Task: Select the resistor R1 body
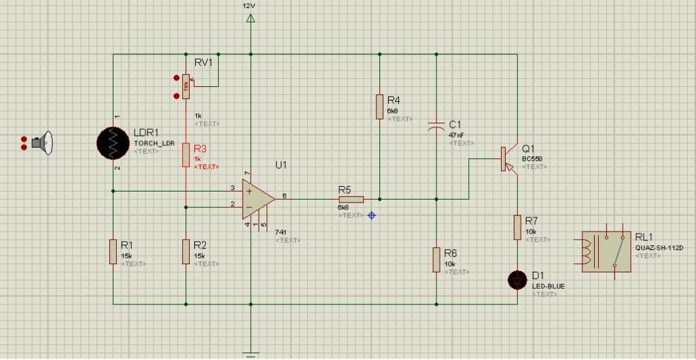[113, 252]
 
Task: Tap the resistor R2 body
[186, 252]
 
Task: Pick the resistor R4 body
[379, 107]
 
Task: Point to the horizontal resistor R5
[351, 199]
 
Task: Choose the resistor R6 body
[436, 259]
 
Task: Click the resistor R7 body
[518, 228]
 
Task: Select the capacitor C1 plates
[436, 126]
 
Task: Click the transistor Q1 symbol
[506, 159]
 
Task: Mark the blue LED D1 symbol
[518, 278]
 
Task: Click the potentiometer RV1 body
[186, 86]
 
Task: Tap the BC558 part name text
[532, 158]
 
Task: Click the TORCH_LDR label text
[155, 143]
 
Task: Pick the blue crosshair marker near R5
[371, 215]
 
